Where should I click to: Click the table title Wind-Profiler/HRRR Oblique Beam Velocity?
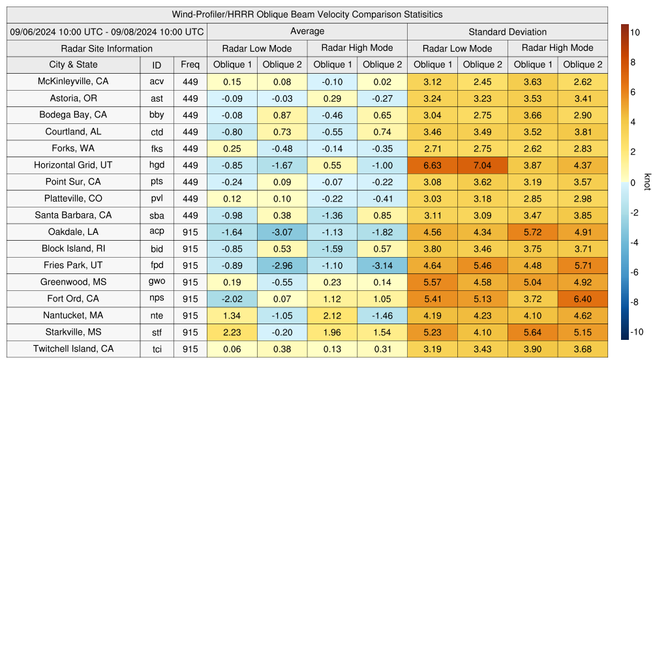[307, 14]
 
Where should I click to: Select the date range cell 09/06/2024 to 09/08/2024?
[107, 31]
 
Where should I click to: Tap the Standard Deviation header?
[508, 32]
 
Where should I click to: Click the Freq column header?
[190, 65]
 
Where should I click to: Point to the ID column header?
[157, 65]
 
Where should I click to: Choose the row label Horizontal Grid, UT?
[73, 165]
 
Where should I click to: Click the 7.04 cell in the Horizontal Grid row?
[483, 166]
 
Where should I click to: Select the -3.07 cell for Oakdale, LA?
[282, 232]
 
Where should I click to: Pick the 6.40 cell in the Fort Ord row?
[583, 299]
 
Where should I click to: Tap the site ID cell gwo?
[157, 282]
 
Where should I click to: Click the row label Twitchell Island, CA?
[73, 349]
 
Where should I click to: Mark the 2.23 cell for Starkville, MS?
[232, 333]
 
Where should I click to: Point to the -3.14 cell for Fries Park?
[382, 266]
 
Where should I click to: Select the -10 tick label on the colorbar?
[636, 332]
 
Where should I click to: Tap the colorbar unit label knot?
[647, 182]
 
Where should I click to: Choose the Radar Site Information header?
[107, 48]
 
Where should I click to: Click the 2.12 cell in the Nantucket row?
[332, 316]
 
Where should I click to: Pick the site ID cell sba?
[157, 215]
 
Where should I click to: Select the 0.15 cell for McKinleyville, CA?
[232, 82]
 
